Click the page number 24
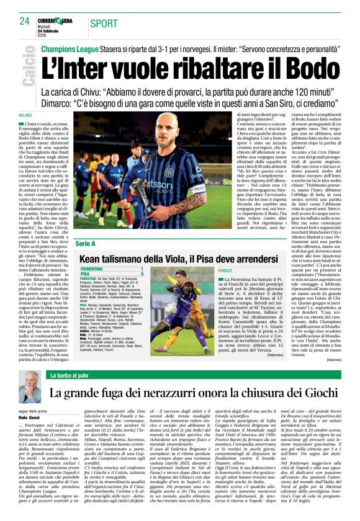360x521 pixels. click(25, 21)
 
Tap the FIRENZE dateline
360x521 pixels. click(226, 271)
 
